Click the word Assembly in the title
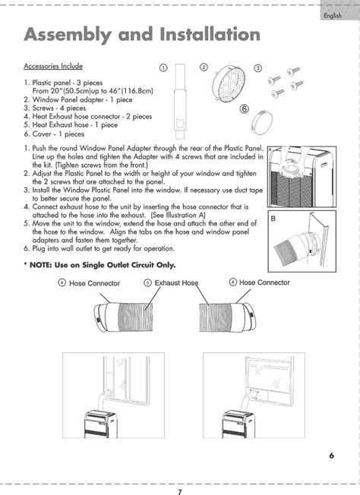click(67, 35)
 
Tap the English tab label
click(333, 15)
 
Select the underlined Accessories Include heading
click(53, 66)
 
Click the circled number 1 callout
click(163, 68)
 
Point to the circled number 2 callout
click(204, 67)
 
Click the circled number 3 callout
click(258, 68)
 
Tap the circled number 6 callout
click(244, 109)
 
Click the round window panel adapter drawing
click(229, 84)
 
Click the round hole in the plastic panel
click(180, 123)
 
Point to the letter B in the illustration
click(273, 219)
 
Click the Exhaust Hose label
click(176, 283)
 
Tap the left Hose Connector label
click(94, 283)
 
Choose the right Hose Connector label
click(264, 282)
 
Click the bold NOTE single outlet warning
click(99, 265)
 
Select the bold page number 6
click(331, 456)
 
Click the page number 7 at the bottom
click(180, 491)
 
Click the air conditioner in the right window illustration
click(238, 424)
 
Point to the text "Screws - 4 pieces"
click(59, 109)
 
